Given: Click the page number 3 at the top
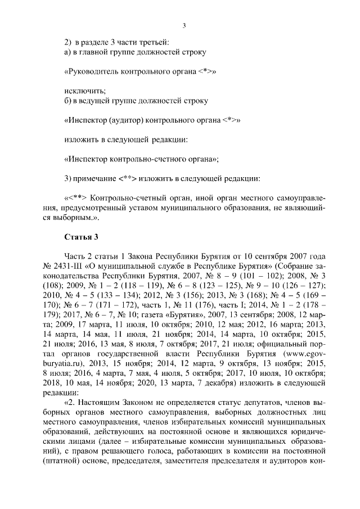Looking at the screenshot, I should (184, 25).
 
